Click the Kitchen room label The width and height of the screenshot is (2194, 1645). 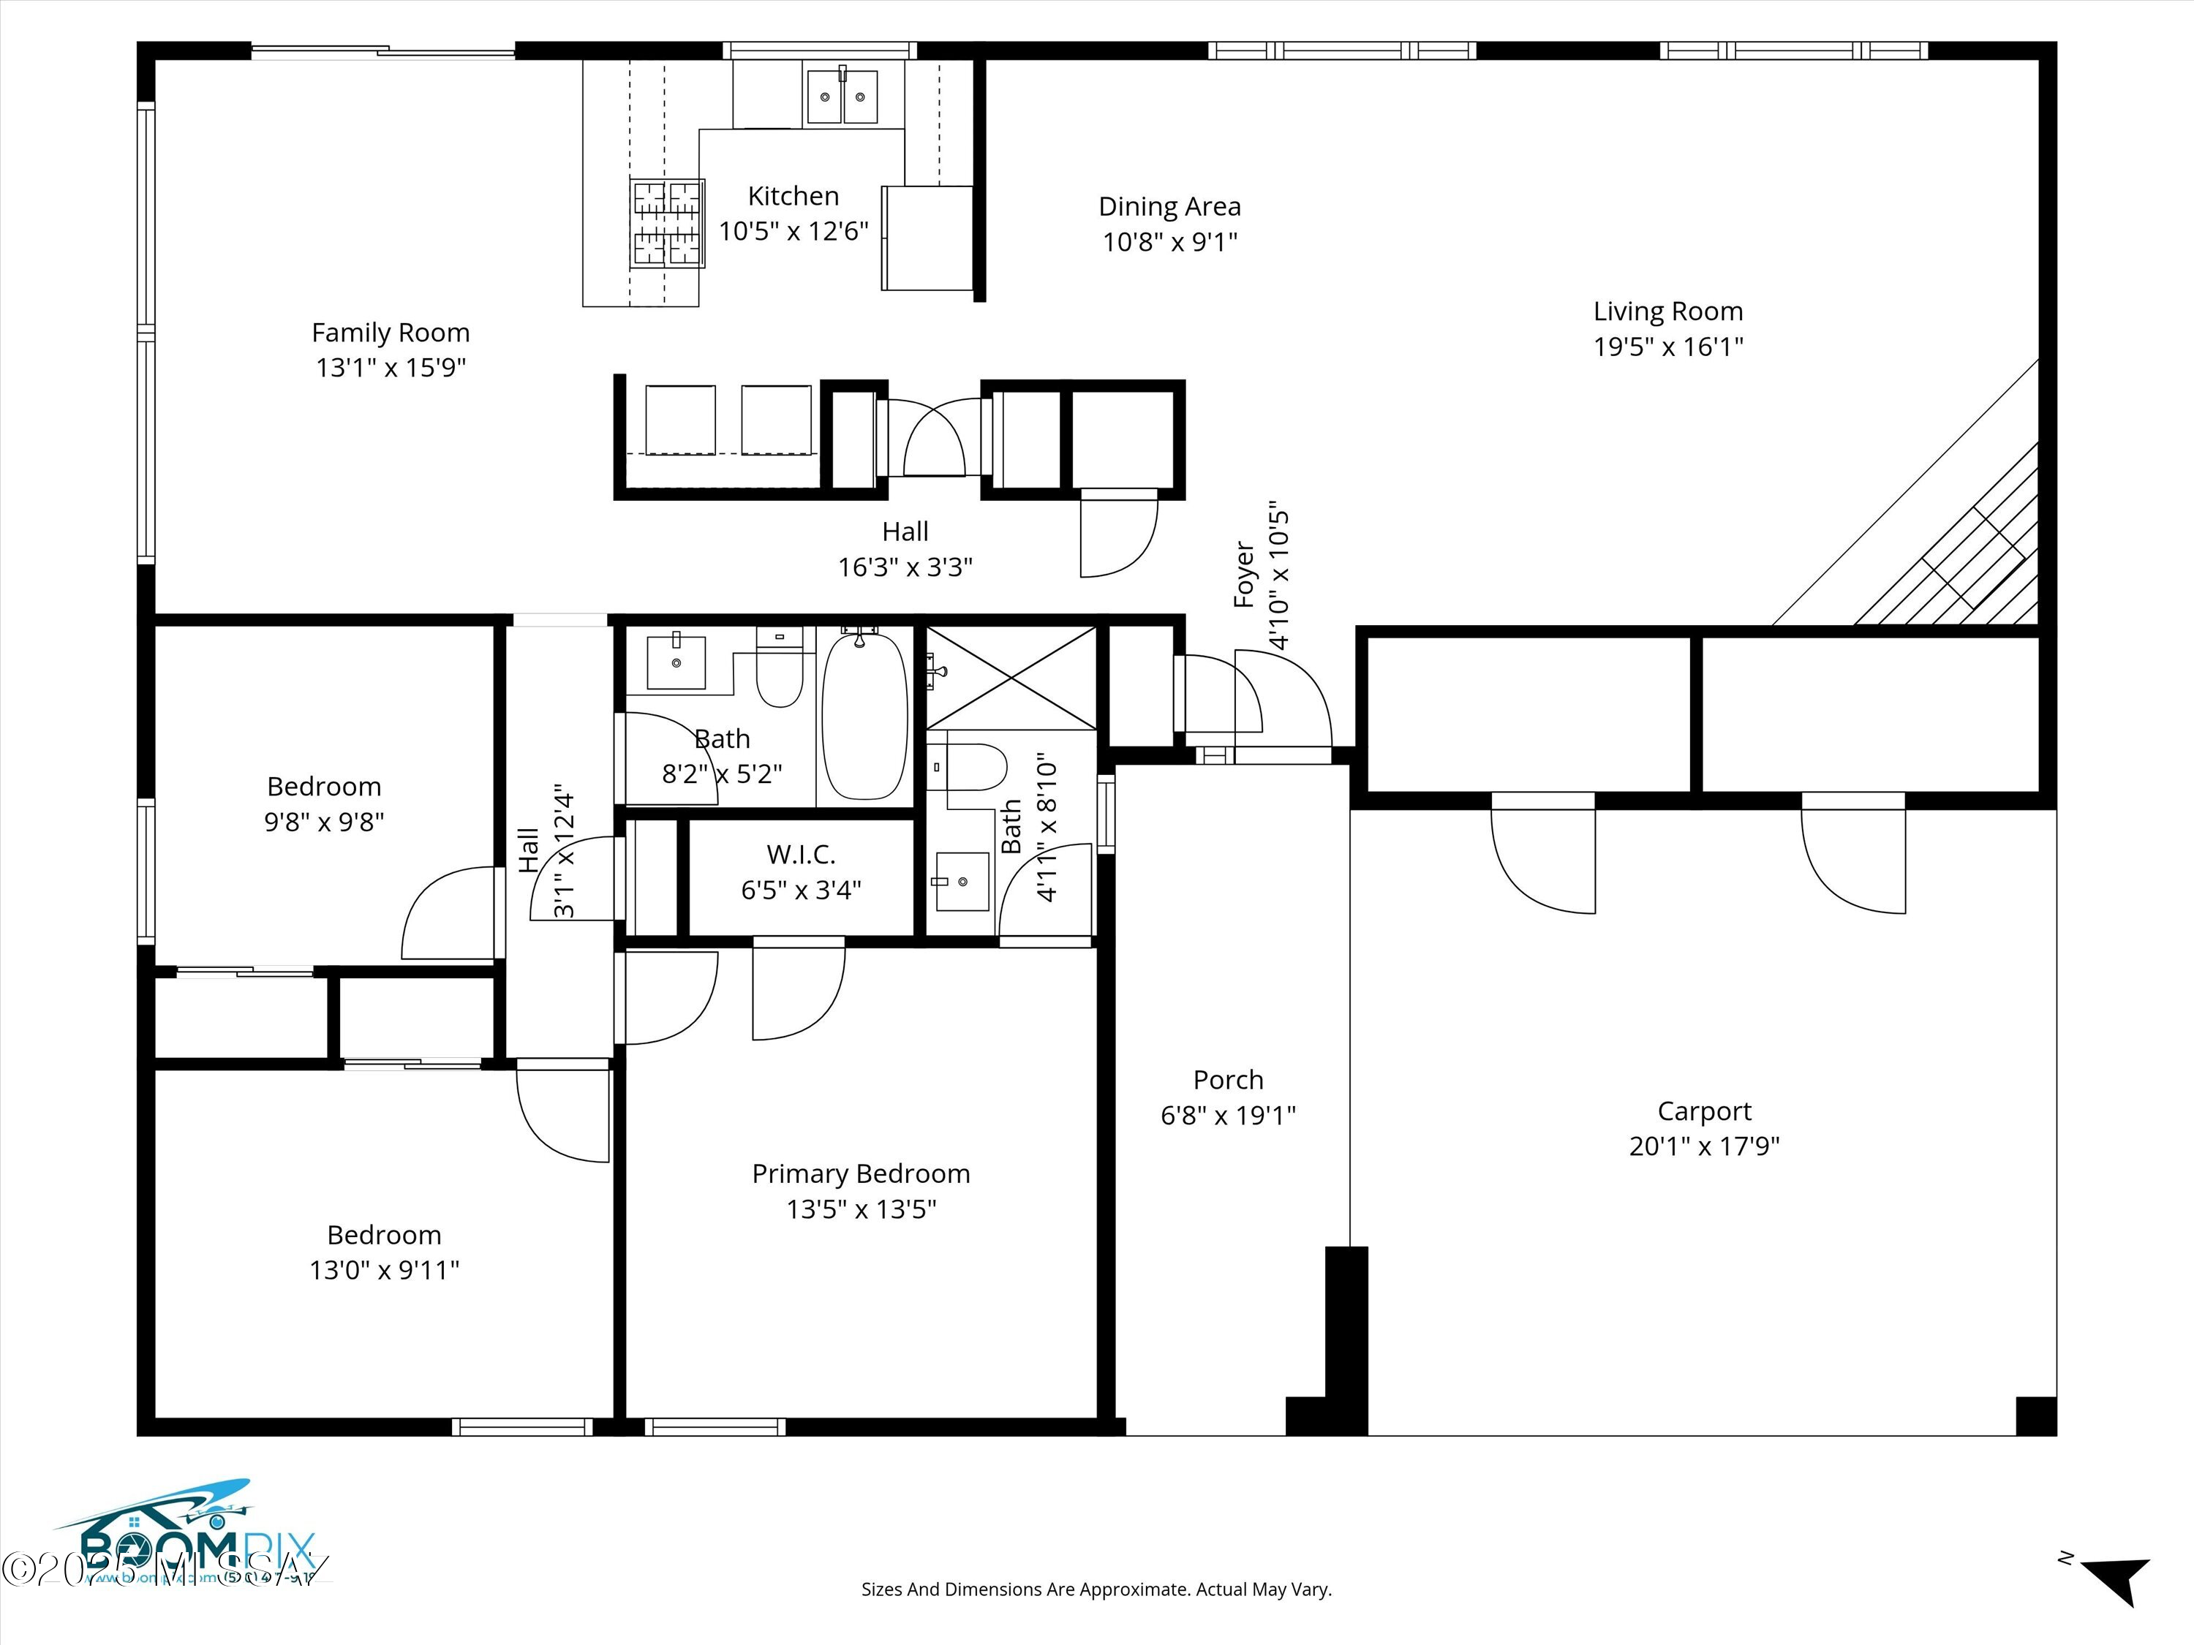coord(793,197)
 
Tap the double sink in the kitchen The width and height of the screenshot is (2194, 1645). coord(842,97)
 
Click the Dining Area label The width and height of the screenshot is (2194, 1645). coord(1169,207)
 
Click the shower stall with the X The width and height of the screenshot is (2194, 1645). coord(1011,677)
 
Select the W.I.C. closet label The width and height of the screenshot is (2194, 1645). coord(800,855)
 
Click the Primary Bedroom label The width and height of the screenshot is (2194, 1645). coord(861,1174)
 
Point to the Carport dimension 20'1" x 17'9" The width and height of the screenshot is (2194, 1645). coord(1704,1147)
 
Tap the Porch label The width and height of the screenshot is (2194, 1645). coord(1228,1080)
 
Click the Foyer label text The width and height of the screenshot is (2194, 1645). coord(1244,575)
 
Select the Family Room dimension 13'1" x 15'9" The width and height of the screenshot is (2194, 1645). coord(391,368)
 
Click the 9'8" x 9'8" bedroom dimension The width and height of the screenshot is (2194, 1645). coord(324,822)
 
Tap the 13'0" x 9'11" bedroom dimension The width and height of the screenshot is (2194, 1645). coord(384,1270)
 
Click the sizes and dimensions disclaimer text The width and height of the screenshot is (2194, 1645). coord(1096,1589)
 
